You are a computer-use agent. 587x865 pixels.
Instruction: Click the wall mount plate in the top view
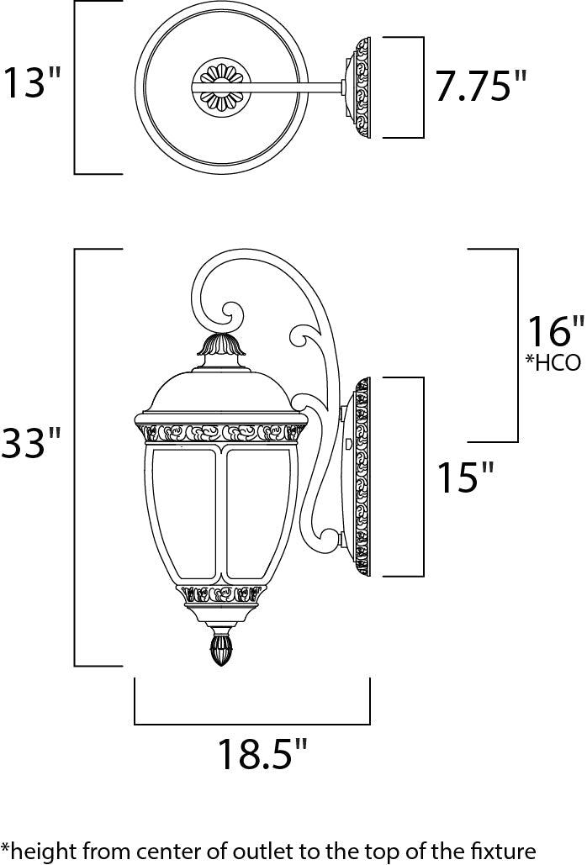(362, 87)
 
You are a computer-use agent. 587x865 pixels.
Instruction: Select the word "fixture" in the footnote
(505, 850)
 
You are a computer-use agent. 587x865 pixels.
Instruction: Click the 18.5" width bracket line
(252, 723)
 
